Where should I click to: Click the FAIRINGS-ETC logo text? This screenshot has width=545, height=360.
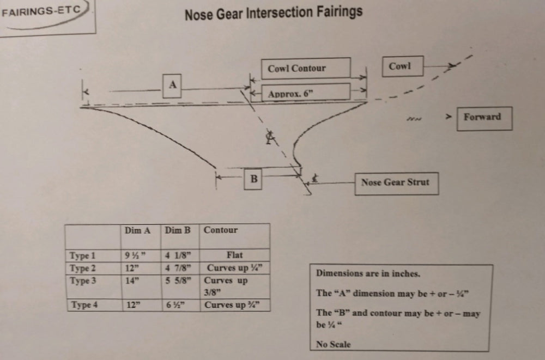[x=41, y=11]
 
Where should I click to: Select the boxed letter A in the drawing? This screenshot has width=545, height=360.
[x=172, y=86]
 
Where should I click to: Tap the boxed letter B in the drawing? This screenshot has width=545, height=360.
[x=253, y=179]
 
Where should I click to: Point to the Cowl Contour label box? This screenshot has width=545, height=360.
[x=306, y=68]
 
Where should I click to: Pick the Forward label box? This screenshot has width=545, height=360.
[x=484, y=119]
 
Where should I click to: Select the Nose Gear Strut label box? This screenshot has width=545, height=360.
[x=396, y=184]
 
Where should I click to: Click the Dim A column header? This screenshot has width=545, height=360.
[x=138, y=230]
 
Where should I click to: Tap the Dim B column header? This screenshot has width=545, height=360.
[x=178, y=230]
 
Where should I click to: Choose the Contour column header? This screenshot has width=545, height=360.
[x=221, y=230]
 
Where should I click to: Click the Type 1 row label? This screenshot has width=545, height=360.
[x=82, y=256]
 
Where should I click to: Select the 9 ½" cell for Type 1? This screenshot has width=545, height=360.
[x=135, y=256]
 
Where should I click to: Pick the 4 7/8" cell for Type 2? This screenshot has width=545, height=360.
[x=178, y=269]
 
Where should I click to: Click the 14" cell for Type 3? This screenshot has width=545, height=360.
[x=132, y=280]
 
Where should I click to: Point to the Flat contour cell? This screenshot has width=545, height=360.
[x=234, y=255]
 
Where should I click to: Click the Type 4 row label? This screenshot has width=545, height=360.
[x=84, y=305]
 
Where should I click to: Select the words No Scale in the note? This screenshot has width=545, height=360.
[x=334, y=344]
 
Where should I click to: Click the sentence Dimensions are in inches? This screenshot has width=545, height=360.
[x=368, y=273]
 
